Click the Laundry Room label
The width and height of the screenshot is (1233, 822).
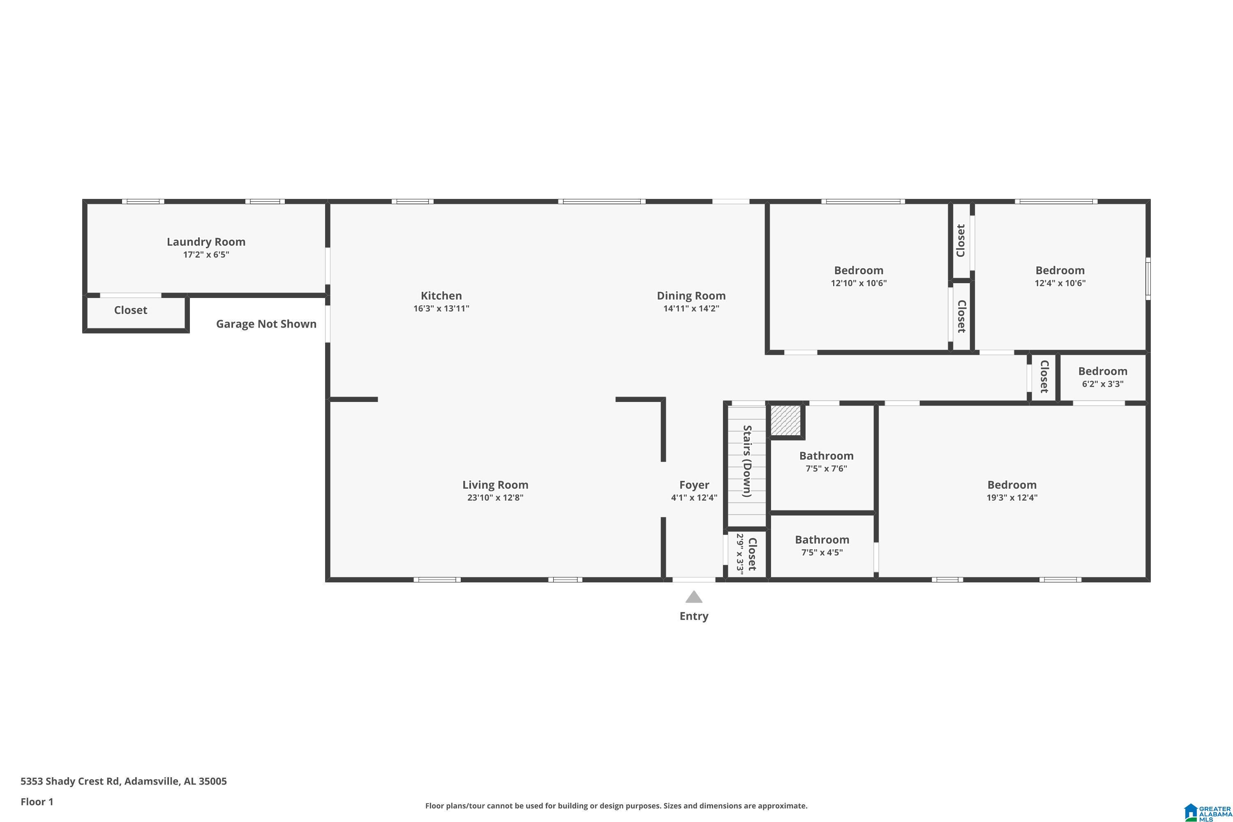206,242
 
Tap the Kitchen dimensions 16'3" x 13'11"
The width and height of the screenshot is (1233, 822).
441,308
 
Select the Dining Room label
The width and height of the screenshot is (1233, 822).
691,296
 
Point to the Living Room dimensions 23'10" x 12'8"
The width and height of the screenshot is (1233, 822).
495,497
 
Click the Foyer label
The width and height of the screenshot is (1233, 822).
694,485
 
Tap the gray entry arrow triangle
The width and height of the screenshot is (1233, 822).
694,597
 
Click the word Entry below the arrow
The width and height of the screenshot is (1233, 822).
694,616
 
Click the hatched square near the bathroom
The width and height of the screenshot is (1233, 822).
785,420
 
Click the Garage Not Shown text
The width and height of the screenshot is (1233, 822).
266,324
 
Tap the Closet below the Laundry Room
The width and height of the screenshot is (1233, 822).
131,310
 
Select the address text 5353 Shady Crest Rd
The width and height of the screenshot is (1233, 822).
70,781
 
